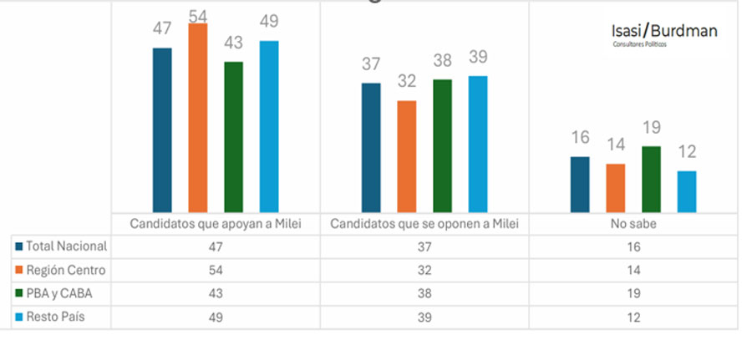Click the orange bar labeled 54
point(198,118)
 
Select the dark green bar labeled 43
point(234,137)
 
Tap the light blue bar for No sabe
point(687,191)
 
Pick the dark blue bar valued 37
point(371,147)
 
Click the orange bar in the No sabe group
point(616,188)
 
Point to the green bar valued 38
point(443,145)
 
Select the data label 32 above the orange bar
point(407,82)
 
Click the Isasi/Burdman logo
point(664,33)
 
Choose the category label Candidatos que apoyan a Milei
point(216,224)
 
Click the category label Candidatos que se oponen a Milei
point(424,224)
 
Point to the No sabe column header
point(633,224)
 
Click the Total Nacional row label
point(67,246)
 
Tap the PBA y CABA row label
point(59,294)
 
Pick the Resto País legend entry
point(56,317)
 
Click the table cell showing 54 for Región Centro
point(216,271)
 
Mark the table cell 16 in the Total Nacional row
point(633,246)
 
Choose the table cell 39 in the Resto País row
point(424,317)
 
